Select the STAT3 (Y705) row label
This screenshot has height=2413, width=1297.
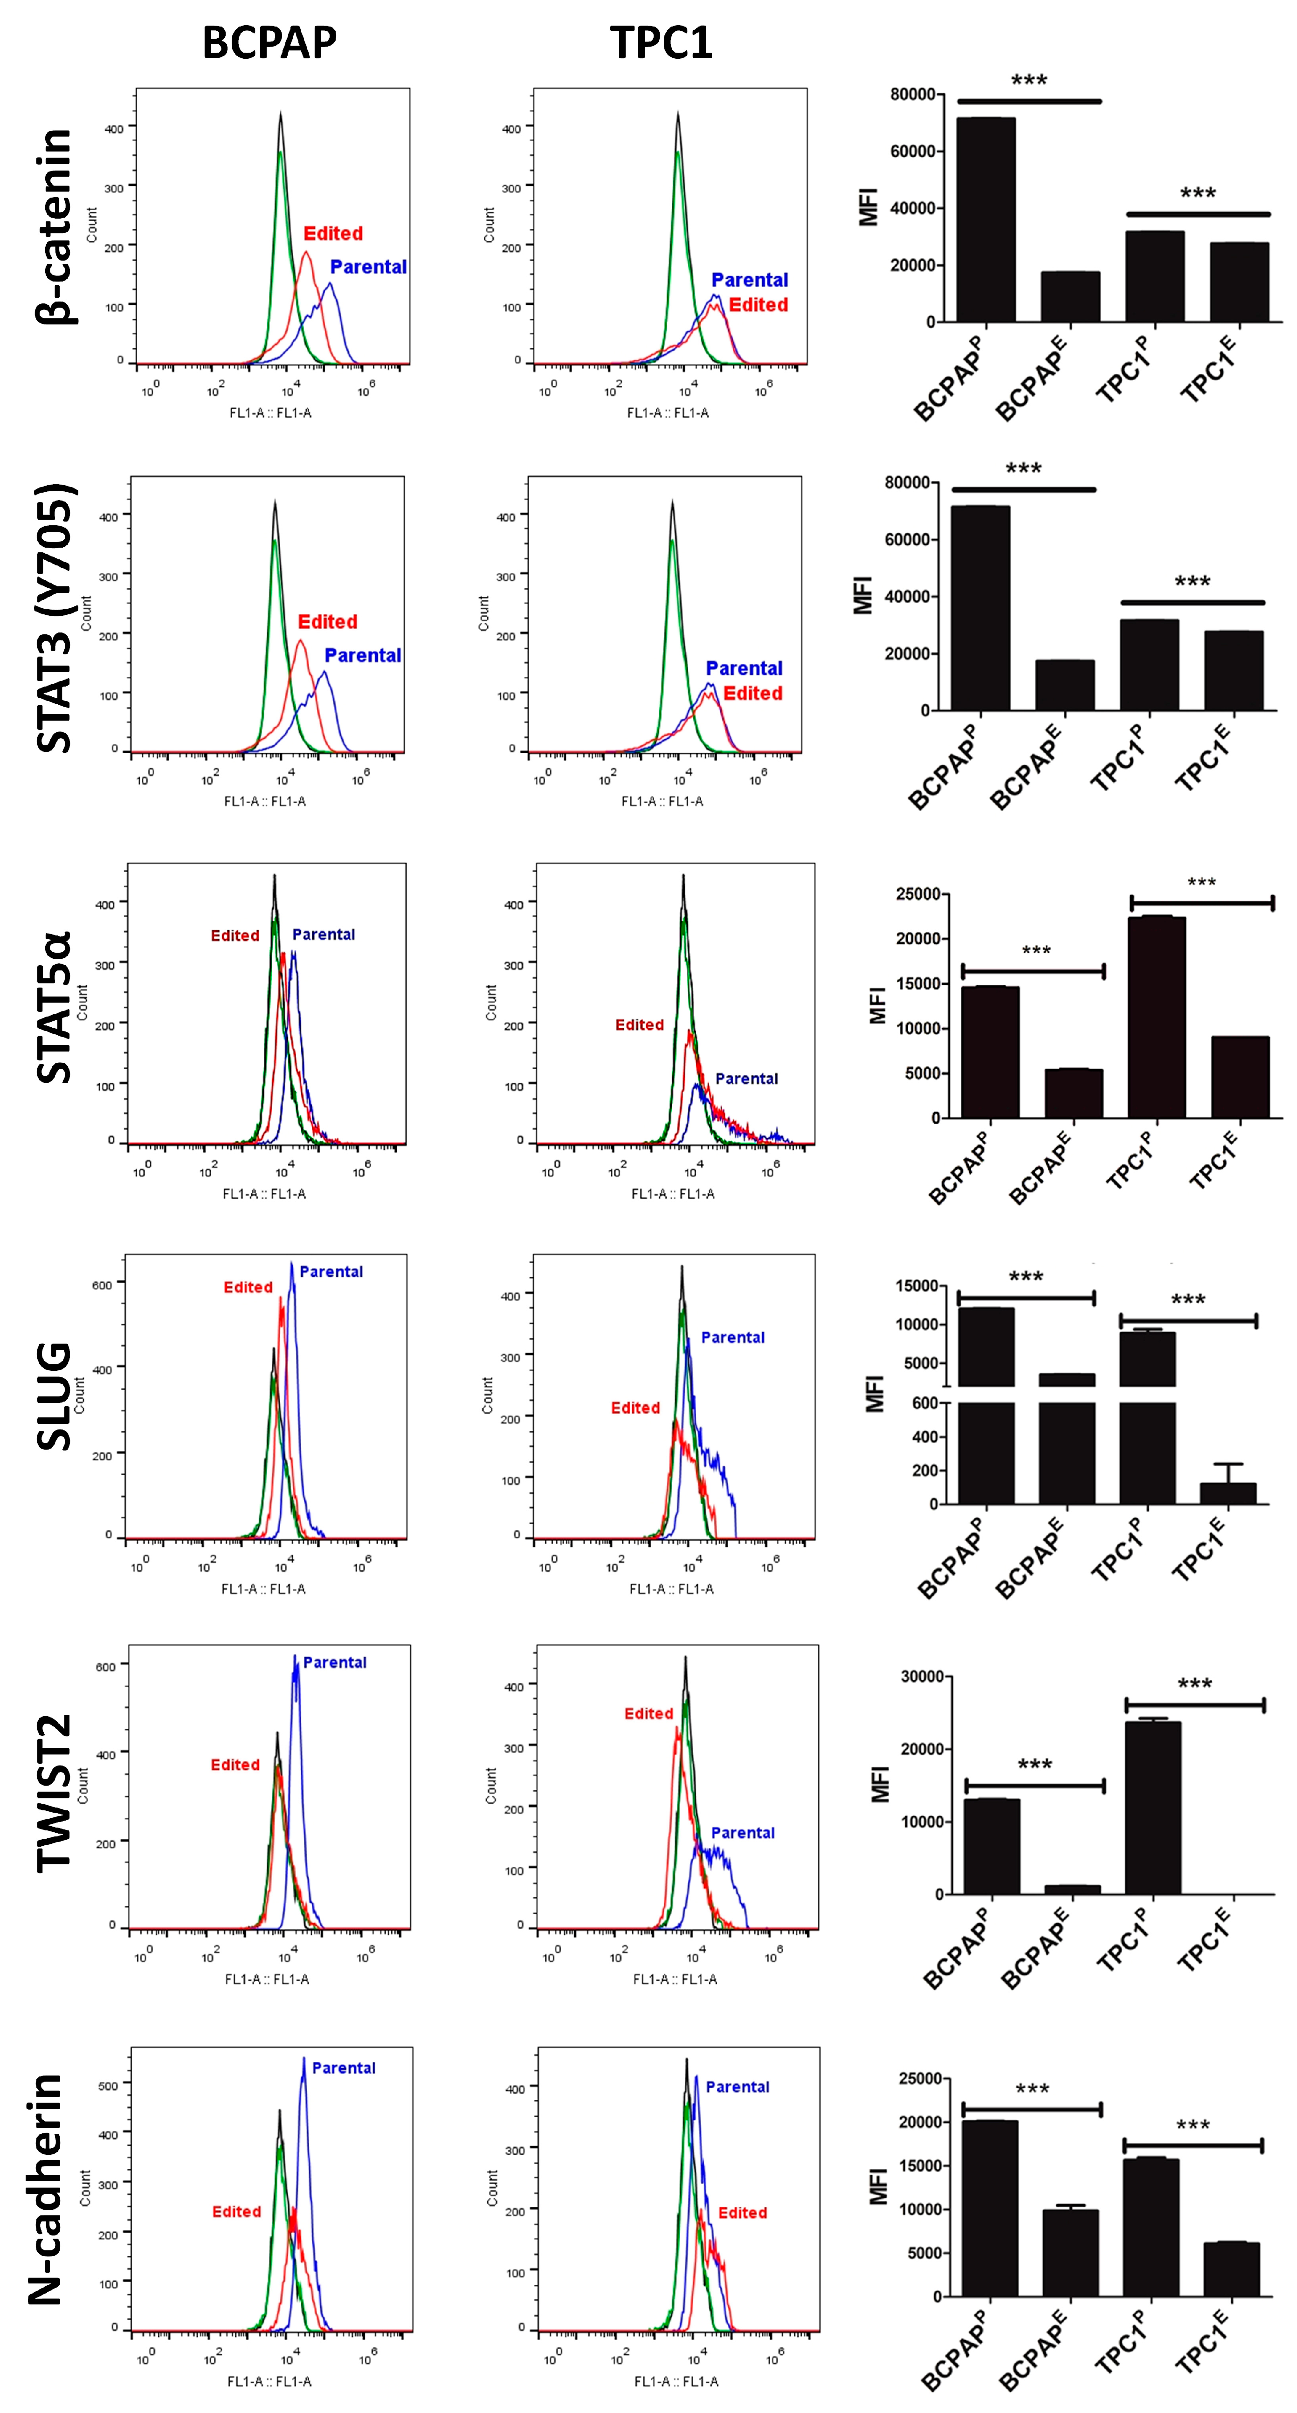(x=55, y=618)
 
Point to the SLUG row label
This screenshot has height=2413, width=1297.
(x=55, y=1396)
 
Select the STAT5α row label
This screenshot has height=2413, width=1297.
(x=55, y=1007)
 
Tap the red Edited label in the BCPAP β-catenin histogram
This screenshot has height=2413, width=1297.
(x=333, y=233)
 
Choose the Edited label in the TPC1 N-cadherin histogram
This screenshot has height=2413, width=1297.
(x=742, y=2213)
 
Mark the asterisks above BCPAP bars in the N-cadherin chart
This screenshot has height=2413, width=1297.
(x=1032, y=2089)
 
